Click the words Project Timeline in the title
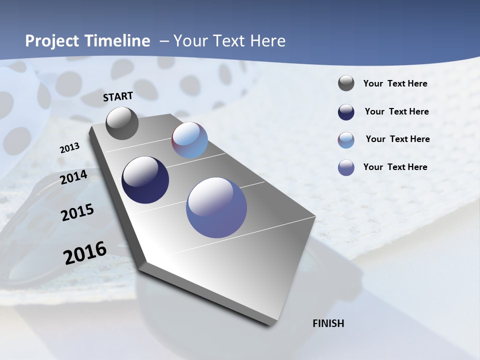point(87,41)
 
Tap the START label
point(118,96)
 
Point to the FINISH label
point(328,323)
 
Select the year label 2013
point(69,148)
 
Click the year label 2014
point(73,177)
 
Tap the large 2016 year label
point(85,252)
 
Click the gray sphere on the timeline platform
point(122,123)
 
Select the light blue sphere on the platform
point(189,140)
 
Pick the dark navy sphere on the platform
point(145,180)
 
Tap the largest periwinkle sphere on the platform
point(216,207)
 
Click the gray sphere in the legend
point(346,83)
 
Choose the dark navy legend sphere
point(346,112)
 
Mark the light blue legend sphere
point(346,140)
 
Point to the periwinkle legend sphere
point(346,167)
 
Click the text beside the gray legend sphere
point(395,84)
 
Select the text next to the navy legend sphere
point(396,111)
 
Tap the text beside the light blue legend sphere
point(397,139)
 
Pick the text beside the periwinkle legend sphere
point(395,167)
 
